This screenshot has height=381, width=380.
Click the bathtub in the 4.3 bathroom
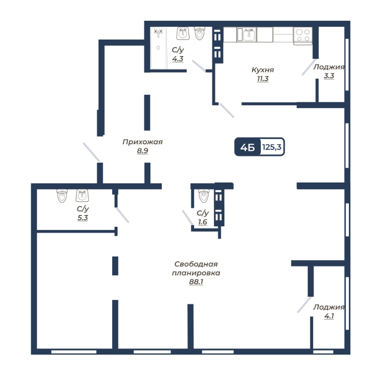click(159, 48)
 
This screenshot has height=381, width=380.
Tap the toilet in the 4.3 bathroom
click(199, 33)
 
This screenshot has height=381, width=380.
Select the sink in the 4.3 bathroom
click(183, 33)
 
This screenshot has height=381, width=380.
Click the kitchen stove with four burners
click(303, 36)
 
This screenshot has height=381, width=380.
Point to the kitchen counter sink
click(247, 34)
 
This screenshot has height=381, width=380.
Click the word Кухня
click(263, 70)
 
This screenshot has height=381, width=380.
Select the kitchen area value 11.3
click(263, 79)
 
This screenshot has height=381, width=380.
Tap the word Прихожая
click(142, 142)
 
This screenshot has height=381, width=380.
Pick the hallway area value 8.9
click(143, 151)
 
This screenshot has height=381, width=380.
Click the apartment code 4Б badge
click(248, 147)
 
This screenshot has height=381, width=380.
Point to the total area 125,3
click(272, 147)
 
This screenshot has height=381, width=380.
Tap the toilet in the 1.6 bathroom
click(204, 196)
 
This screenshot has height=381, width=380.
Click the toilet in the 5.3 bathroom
click(62, 196)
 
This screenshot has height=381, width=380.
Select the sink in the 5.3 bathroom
click(82, 196)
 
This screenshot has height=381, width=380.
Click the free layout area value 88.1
click(196, 282)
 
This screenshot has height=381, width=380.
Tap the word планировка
click(196, 273)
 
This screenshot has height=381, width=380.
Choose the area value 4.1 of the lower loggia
click(329, 316)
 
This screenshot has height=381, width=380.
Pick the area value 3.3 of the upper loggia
click(329, 76)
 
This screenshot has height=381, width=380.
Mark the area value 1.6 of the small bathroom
click(203, 222)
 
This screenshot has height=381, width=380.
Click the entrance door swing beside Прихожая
click(91, 152)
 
